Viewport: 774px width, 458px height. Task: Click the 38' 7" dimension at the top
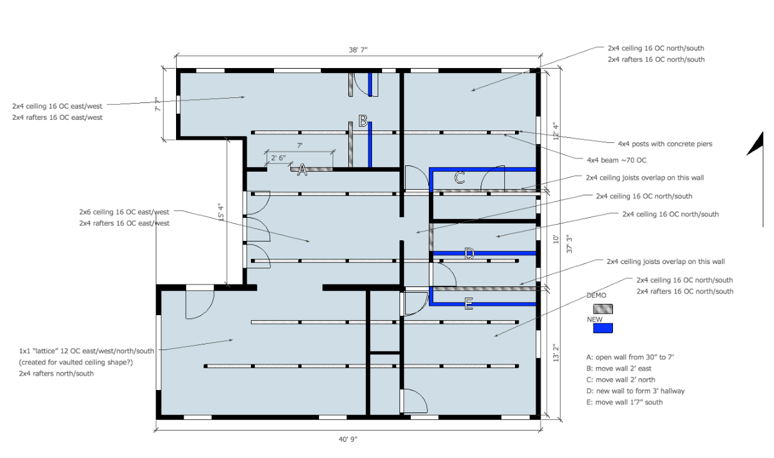coord(358,49)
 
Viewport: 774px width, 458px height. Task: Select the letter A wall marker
coord(301,170)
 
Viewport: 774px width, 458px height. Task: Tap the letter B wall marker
coord(363,120)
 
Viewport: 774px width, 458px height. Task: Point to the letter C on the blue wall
coord(459,178)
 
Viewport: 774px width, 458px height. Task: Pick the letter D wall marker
coord(469,253)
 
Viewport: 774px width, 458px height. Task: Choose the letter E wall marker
coord(469,305)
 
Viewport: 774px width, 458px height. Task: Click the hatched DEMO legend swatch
coord(602,309)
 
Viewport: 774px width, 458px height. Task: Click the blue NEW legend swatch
coord(602,328)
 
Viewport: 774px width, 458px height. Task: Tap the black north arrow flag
coord(756,145)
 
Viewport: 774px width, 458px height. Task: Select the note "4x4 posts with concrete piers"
coord(665,144)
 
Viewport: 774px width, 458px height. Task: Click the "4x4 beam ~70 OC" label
coord(617,159)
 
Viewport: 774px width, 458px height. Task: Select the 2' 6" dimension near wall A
coord(278,158)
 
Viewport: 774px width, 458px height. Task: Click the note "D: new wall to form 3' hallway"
coord(635,391)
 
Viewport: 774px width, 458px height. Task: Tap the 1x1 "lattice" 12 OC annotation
coord(87,351)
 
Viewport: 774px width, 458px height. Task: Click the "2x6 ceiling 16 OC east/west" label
coord(124,212)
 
